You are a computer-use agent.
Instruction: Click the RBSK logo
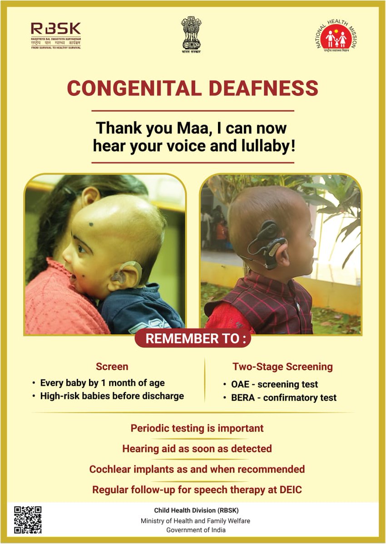pyautogui.click(x=55, y=35)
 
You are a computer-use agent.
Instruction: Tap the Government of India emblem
pyautogui.click(x=191, y=34)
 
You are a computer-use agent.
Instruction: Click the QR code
pyautogui.click(x=28, y=520)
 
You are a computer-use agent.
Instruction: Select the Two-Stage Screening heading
pyautogui.click(x=282, y=366)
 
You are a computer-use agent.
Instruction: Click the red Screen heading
pyautogui.click(x=112, y=366)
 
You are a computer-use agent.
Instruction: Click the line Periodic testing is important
pyautogui.click(x=197, y=428)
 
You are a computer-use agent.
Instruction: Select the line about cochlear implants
pyautogui.click(x=197, y=469)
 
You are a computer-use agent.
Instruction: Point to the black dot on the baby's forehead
pyautogui.click(x=91, y=224)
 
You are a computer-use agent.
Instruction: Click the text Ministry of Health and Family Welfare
pyautogui.click(x=195, y=520)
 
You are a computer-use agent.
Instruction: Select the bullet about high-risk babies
pyautogui.click(x=112, y=396)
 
